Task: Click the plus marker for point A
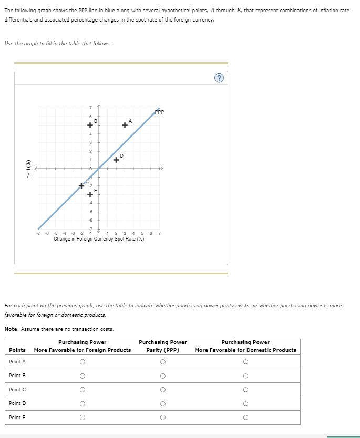coord(125,125)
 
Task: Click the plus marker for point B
coord(90,126)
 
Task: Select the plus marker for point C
coord(81,185)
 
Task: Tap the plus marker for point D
coord(116,160)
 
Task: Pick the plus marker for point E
coord(90,194)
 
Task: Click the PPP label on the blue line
coord(160,111)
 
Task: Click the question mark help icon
coord(220,78)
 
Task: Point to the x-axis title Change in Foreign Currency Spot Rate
coord(99,238)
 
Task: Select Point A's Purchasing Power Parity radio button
coord(163,362)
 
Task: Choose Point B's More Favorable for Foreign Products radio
coord(82,376)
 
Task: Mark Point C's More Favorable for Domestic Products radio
coord(245,389)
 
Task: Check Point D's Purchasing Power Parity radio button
coord(163,403)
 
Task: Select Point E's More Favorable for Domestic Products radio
coord(245,417)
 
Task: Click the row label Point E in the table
coord(17,417)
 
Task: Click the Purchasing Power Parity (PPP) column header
coord(163,346)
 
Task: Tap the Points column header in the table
coord(17,350)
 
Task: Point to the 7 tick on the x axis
coord(159,233)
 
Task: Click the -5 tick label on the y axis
coord(90,211)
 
